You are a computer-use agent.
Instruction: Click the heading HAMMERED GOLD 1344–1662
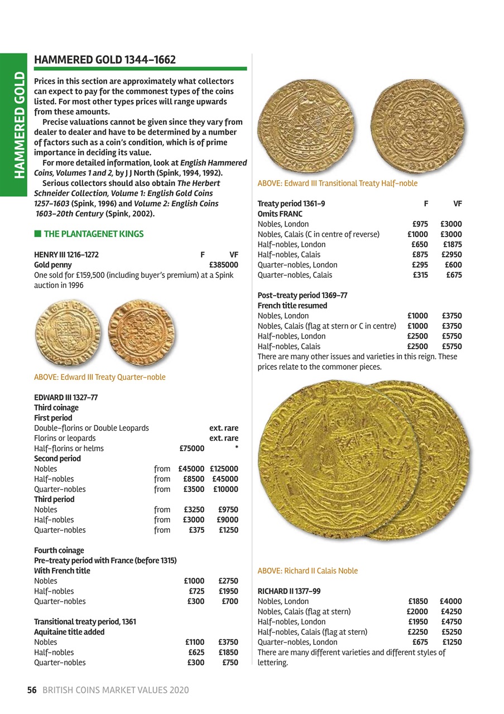tap(105, 60)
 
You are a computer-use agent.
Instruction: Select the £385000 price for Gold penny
tap(223, 265)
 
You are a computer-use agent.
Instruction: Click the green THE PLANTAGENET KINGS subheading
tap(93, 234)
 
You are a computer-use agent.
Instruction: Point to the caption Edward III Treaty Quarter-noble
tap(100, 377)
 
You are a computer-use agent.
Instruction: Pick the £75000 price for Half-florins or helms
tap(191, 448)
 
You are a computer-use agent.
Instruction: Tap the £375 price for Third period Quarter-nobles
tap(196, 530)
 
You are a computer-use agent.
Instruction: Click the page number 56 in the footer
tap(32, 690)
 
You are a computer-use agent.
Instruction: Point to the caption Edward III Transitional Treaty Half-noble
tap(337, 183)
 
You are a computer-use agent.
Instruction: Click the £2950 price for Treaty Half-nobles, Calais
tap(451, 255)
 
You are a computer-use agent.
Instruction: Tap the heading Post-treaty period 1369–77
tap(303, 296)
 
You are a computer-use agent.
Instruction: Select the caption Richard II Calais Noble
tap(308, 571)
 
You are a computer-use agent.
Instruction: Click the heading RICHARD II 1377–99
tap(289, 591)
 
